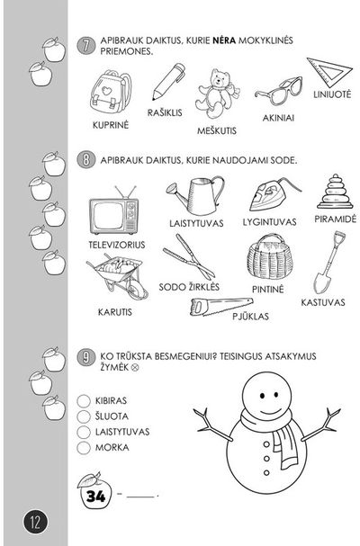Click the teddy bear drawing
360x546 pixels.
point(217,94)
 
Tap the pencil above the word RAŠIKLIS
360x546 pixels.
point(168,81)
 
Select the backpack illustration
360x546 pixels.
point(111,92)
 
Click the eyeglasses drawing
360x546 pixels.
point(278,91)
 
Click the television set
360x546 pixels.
point(113,211)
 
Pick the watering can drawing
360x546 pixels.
point(195,195)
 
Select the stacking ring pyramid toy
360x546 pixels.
point(335,192)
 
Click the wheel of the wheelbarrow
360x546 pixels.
point(137,290)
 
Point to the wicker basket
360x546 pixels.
point(270,257)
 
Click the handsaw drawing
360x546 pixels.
point(221,307)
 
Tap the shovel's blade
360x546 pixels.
point(319,282)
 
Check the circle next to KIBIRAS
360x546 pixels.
point(84,401)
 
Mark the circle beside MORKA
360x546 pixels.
point(84,447)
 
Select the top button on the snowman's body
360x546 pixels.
point(266,444)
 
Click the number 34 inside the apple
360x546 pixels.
point(95,496)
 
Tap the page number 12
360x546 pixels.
point(35,523)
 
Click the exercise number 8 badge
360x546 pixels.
point(85,160)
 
